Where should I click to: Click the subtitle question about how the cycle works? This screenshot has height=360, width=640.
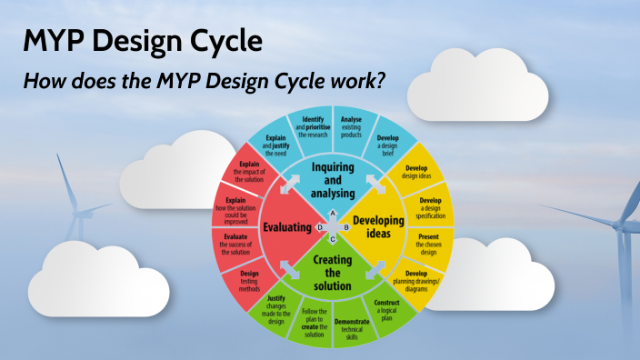205,81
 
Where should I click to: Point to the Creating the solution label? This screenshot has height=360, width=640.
332,273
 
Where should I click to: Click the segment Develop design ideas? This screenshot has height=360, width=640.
416,174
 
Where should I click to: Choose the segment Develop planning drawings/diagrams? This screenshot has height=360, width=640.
415,281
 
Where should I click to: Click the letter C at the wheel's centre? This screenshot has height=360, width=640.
333,239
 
